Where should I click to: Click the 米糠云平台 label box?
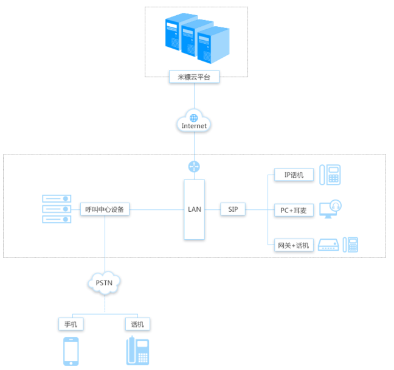[194, 77]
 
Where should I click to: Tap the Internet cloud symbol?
[194, 122]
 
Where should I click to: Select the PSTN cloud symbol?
[105, 283]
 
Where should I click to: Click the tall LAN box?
[195, 209]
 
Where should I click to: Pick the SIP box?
[233, 209]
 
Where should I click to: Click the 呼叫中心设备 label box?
[105, 209]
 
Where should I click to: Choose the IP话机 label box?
[294, 175]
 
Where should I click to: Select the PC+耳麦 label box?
[294, 209]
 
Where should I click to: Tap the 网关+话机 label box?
[294, 245]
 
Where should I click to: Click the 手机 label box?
[71, 324]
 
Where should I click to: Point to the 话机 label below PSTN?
[137, 324]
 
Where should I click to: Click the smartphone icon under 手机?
[71, 351]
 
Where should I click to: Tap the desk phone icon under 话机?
[138, 351]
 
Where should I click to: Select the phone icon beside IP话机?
[330, 175]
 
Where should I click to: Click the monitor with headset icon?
[330, 209]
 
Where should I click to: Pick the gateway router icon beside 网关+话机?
[328, 245]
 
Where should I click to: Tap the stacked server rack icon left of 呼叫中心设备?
[57, 209]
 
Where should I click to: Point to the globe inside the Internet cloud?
[194, 117]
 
